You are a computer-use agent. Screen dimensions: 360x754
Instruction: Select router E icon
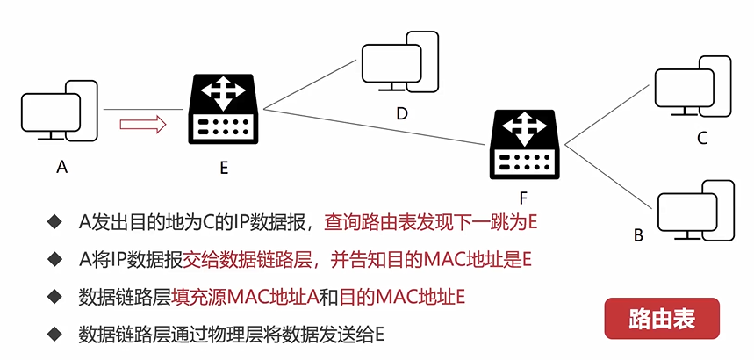click(x=224, y=110)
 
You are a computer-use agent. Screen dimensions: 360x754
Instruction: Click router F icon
click(x=524, y=145)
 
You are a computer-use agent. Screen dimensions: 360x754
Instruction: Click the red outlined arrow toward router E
click(x=143, y=125)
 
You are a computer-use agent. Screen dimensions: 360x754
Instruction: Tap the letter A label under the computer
click(x=61, y=167)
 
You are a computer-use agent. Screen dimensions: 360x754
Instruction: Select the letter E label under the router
click(x=224, y=168)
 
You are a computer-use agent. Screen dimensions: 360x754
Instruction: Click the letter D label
click(x=402, y=113)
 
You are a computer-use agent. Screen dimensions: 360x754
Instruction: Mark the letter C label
click(x=701, y=139)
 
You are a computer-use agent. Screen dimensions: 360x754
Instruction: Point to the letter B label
click(x=638, y=235)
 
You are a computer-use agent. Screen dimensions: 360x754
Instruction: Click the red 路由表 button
click(x=662, y=319)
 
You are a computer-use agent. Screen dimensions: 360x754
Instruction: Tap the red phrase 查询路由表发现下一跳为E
click(x=430, y=222)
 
